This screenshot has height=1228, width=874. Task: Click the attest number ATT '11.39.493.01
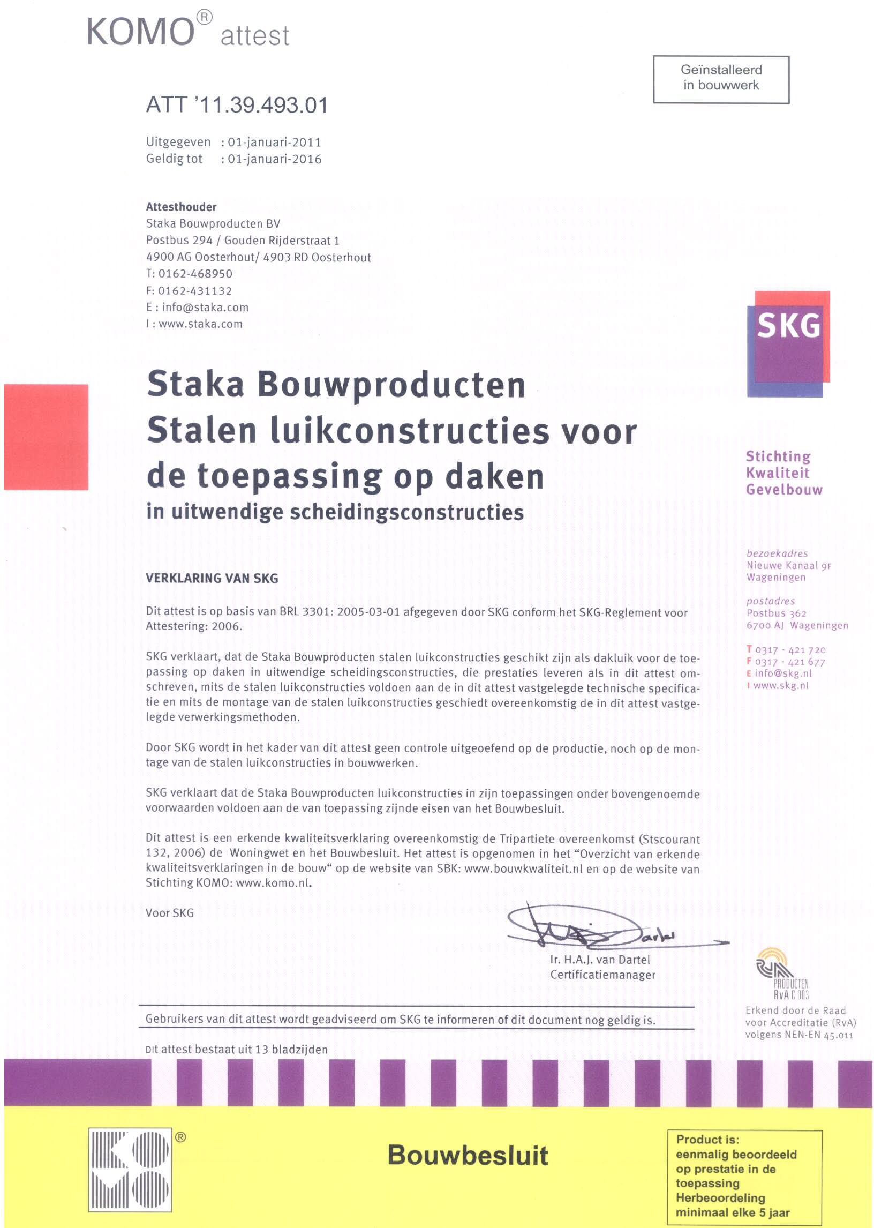point(237,104)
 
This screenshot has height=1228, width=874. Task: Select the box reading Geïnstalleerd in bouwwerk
point(721,79)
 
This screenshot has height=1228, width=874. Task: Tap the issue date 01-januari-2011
point(275,142)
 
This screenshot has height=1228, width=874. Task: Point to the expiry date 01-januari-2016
point(275,159)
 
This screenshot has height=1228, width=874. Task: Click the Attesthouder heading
point(182,207)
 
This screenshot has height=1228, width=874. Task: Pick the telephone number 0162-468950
point(195,273)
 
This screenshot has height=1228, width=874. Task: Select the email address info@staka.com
point(205,308)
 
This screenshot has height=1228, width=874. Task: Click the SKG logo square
point(788,343)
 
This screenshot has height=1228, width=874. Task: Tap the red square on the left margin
point(46,437)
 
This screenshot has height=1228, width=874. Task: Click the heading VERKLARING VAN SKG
point(212,578)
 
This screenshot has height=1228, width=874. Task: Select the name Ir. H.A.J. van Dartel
point(600,959)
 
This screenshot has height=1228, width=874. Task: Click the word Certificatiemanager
point(603,975)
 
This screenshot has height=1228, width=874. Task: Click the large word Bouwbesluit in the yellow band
point(468,1155)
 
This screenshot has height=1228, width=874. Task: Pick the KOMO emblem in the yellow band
point(130,1169)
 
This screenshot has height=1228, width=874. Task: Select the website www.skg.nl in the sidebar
point(781,685)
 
